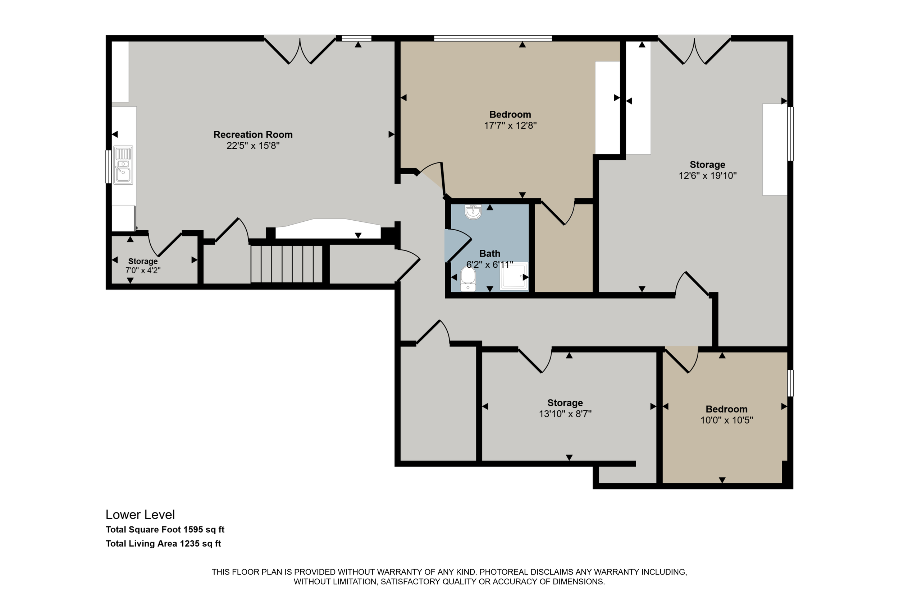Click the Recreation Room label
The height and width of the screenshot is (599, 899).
pos(253,134)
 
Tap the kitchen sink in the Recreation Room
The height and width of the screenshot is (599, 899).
pos(123,165)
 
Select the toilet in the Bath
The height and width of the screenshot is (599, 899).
pos(468,279)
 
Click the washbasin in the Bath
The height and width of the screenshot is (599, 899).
pos(473,212)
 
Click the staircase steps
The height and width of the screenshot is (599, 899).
pos(287,264)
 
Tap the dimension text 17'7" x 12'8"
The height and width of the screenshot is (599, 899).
pos(510,125)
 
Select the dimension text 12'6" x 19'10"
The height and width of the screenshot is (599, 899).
pos(707,176)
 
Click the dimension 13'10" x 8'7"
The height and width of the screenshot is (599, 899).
pos(565,414)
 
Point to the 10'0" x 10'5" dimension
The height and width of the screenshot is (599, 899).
pos(727,420)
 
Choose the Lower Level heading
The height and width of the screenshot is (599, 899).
pos(140,515)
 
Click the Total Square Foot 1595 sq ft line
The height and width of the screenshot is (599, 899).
pos(165,530)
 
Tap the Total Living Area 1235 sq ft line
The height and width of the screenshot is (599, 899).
pos(164,544)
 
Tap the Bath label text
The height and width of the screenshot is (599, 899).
pos(490,254)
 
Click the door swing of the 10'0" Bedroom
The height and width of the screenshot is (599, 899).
pos(682,359)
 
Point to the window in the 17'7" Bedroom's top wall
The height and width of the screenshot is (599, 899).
pos(493,38)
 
